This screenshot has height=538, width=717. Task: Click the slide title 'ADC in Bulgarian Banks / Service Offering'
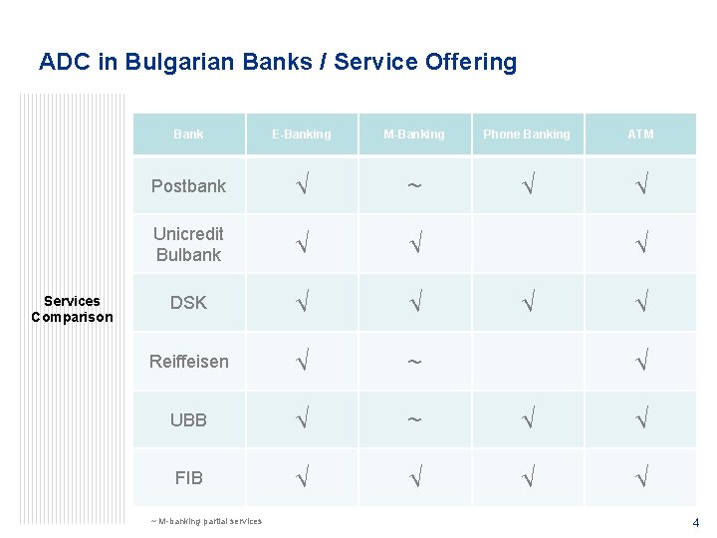[278, 62]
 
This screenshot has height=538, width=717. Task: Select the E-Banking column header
[302, 134]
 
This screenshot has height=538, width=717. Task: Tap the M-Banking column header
[414, 134]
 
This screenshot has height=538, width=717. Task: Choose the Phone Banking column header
[527, 134]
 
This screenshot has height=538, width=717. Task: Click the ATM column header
[640, 134]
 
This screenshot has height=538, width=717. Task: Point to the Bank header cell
[188, 134]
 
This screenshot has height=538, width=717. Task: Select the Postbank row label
[188, 186]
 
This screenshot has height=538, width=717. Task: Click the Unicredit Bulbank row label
[188, 244]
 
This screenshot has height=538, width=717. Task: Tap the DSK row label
[188, 303]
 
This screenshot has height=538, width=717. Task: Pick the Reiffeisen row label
[188, 362]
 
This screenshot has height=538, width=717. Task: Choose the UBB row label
[188, 420]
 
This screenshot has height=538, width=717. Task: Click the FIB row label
[188, 478]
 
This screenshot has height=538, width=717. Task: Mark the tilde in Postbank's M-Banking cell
[414, 186]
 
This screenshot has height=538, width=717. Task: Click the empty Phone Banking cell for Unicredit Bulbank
[527, 244]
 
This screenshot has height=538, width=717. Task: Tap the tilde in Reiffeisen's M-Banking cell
[414, 362]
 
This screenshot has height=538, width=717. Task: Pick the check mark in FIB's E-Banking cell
[302, 478]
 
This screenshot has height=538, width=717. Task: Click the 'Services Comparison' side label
[72, 309]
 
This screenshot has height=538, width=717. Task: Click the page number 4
[696, 522]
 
